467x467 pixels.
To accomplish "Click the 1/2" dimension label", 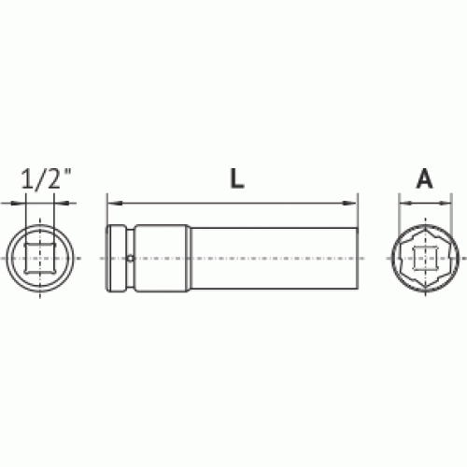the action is coord(46,178).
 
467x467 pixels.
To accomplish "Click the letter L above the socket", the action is coord(237,178).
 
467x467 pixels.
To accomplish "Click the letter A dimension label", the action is coord(425,179).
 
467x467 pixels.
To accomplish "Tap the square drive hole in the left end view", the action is coord(40,259).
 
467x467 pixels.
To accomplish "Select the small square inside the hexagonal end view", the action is coord(425,258).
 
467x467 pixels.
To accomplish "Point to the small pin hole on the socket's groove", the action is coord(131,258).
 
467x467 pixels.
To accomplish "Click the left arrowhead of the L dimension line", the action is coord(115,204).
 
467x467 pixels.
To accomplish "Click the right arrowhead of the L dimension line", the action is coord(349,204).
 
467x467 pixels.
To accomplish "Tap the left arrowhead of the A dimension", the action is coord(405,204).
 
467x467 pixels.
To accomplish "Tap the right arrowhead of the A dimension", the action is coord(445,204).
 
